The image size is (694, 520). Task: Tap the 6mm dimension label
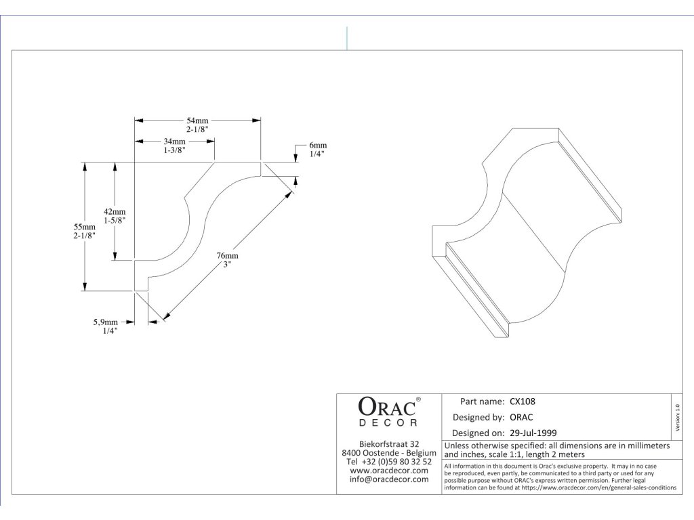tap(318, 146)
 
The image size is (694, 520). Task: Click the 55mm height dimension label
tap(85, 226)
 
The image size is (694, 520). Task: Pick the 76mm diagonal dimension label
tap(227, 256)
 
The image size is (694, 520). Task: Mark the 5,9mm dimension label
tap(106, 322)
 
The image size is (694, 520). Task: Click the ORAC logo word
tap(385, 407)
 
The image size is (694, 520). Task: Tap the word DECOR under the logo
tap(388, 424)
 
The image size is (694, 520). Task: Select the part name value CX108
tap(523, 402)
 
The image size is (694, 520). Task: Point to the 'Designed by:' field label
tap(478, 417)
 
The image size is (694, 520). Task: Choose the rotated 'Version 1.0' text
tap(678, 415)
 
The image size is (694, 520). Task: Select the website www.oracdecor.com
tap(389, 471)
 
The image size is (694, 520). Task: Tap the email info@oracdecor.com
tap(389, 479)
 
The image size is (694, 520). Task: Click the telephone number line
tap(389, 462)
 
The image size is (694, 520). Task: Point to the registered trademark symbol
tap(418, 399)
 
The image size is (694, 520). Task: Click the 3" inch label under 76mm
tap(227, 265)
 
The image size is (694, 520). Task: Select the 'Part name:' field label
tap(482, 402)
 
